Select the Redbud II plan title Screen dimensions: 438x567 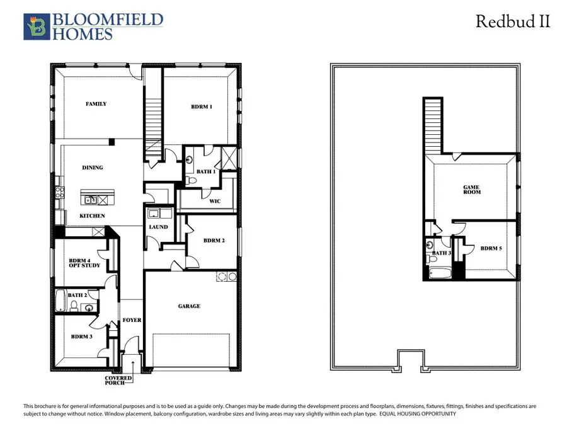pos(512,21)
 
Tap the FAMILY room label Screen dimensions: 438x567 pos(96,104)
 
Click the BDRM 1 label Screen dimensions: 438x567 pos(202,107)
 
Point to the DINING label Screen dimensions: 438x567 pos(93,168)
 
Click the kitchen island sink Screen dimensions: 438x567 pos(91,200)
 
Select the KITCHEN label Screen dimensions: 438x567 pos(92,216)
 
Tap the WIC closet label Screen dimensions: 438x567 pos(205,202)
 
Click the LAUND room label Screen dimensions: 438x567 pos(159,227)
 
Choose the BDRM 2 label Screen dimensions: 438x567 pos(214,240)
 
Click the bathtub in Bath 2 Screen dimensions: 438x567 pos(60,301)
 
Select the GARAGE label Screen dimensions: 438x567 pos(189,306)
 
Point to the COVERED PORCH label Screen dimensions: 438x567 pos(118,381)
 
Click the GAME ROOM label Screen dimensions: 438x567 pos(472,188)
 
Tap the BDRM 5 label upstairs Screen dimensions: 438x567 pos(491,249)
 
